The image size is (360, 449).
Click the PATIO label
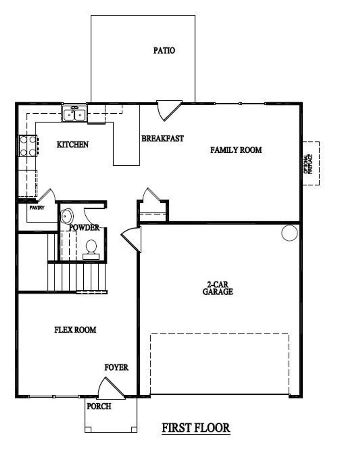(164, 50)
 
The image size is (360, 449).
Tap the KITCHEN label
(72, 144)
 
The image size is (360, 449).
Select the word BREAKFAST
(162, 138)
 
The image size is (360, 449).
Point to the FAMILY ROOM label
(236, 150)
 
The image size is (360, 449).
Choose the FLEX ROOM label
(75, 330)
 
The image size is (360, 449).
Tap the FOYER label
(116, 367)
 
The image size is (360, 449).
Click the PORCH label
(99, 406)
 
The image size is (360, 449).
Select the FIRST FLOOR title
(196, 428)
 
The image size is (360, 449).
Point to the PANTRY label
(37, 208)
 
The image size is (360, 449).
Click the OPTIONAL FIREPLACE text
(308, 164)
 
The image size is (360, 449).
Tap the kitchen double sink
(75, 114)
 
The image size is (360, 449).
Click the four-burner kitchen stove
(28, 146)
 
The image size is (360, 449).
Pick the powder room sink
(66, 216)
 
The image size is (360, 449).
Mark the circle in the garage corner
(289, 233)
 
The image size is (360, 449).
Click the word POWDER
(84, 227)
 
